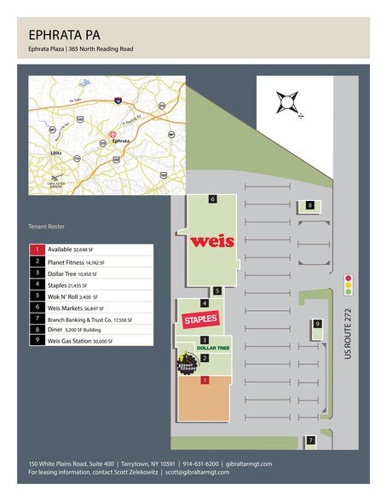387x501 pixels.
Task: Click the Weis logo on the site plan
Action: tap(212, 240)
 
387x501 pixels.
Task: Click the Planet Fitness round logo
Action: tap(185, 366)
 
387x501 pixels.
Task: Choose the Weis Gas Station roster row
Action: tap(82, 340)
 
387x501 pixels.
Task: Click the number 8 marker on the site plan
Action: tap(310, 205)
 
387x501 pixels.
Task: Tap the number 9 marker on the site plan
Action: tap(317, 324)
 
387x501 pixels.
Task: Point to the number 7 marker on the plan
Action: tap(311, 441)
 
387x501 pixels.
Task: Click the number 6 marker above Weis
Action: tap(211, 199)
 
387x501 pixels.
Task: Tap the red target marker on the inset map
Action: tap(111, 134)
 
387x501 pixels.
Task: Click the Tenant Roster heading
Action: tap(47, 227)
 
